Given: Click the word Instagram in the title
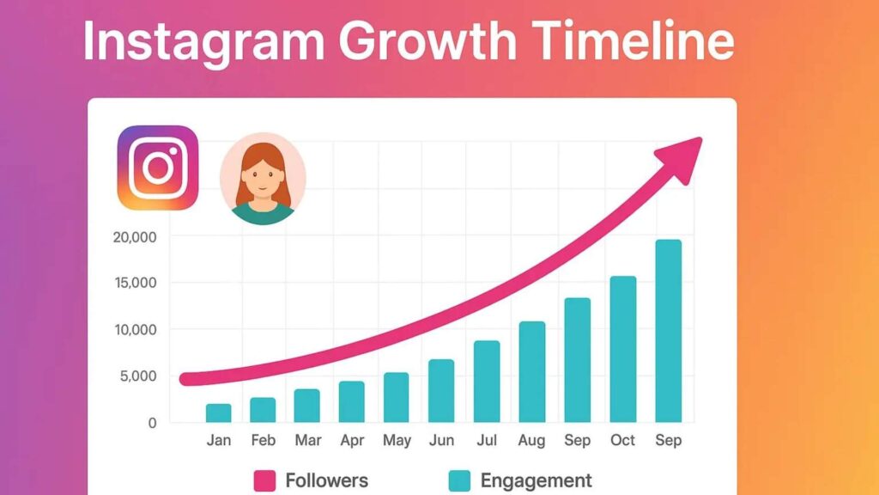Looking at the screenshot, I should [x=201, y=41].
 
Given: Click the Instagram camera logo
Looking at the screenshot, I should [x=158, y=168].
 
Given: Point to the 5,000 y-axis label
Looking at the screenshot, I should [x=137, y=376].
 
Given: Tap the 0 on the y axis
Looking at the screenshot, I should [x=151, y=423].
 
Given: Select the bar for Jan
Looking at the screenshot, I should [x=218, y=413].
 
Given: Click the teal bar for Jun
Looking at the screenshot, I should [x=441, y=391].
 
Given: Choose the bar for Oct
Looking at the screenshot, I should [x=622, y=349].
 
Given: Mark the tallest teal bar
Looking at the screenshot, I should [x=668, y=331].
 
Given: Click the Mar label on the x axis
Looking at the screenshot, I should [x=307, y=441].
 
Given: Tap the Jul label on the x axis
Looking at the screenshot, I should [x=487, y=441].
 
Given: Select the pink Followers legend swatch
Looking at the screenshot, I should [x=264, y=480].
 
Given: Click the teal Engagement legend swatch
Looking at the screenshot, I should [x=459, y=480].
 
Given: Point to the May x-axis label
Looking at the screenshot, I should [x=397, y=441].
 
